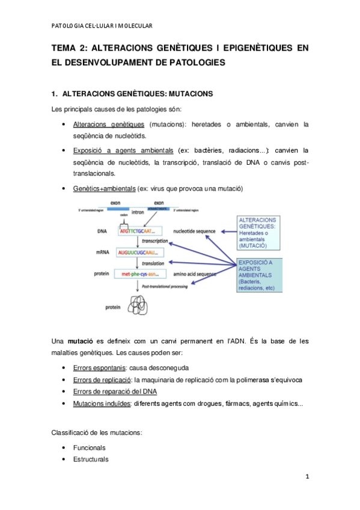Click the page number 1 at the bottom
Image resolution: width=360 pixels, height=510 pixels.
pos(307,478)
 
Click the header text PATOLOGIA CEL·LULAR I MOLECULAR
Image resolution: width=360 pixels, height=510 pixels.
pos(101,25)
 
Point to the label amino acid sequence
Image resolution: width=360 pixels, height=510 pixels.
pos(195,274)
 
